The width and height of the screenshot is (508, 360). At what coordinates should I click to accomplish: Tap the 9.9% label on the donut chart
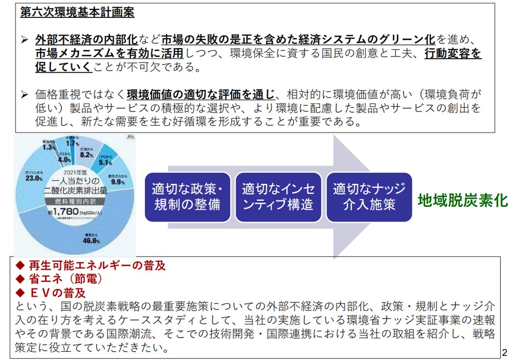click(118, 182)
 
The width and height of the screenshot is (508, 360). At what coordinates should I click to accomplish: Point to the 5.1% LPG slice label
click(106, 162)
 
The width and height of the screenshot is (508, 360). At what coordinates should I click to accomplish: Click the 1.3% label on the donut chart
click(49, 147)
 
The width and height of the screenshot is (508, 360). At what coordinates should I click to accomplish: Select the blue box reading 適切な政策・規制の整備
click(187, 196)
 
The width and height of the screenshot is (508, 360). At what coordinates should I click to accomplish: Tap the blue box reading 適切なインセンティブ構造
click(278, 196)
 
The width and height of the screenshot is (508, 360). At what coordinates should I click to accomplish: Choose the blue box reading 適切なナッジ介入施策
click(369, 196)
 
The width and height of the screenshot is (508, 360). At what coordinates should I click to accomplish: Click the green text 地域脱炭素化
click(462, 200)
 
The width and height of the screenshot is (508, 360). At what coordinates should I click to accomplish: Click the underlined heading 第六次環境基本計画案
click(77, 13)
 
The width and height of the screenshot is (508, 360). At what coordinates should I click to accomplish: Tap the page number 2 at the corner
click(504, 351)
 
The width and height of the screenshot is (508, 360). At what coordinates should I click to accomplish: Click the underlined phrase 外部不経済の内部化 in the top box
click(87, 39)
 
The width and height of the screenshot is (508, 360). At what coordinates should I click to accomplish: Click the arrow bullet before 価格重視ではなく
click(25, 94)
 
